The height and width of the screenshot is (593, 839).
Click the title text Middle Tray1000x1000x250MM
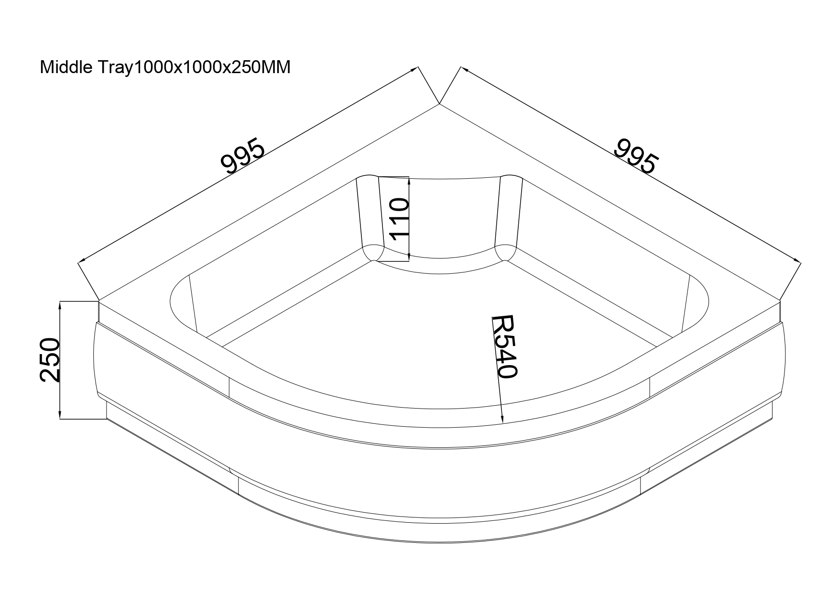click(165, 67)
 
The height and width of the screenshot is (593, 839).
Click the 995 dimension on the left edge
click(243, 156)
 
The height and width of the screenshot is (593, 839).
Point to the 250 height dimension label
click(50, 360)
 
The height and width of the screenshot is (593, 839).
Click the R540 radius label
click(504, 346)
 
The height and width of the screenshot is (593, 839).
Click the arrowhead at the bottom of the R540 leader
click(501, 418)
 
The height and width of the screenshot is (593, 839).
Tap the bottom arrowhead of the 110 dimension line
click(409, 257)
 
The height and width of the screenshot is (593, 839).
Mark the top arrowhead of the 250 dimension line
click(60, 307)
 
